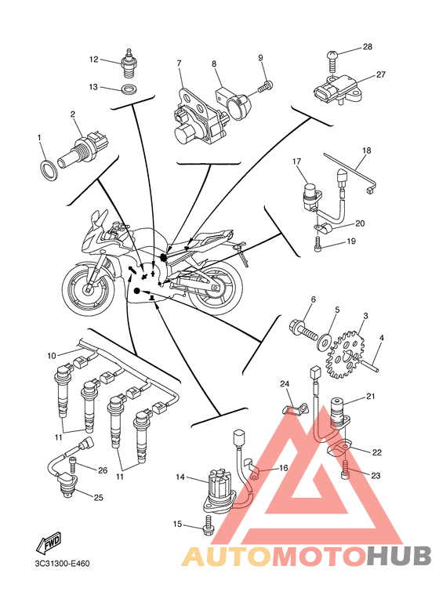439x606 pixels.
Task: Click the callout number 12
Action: (93, 60)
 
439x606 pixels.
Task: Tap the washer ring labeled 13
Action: (128, 89)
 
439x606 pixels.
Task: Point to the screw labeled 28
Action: (332, 60)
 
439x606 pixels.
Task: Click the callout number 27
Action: (381, 74)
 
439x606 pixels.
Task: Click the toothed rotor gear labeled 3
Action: (346, 354)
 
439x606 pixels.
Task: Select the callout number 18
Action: (366, 151)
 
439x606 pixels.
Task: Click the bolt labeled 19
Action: (317, 245)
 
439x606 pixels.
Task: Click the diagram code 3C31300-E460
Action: (62, 564)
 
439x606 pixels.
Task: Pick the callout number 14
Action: (180, 477)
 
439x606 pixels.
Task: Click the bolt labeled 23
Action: (346, 468)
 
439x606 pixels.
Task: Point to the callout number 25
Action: (99, 497)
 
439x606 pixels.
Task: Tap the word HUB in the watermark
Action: (399, 556)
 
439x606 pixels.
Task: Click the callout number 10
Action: (52, 356)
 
